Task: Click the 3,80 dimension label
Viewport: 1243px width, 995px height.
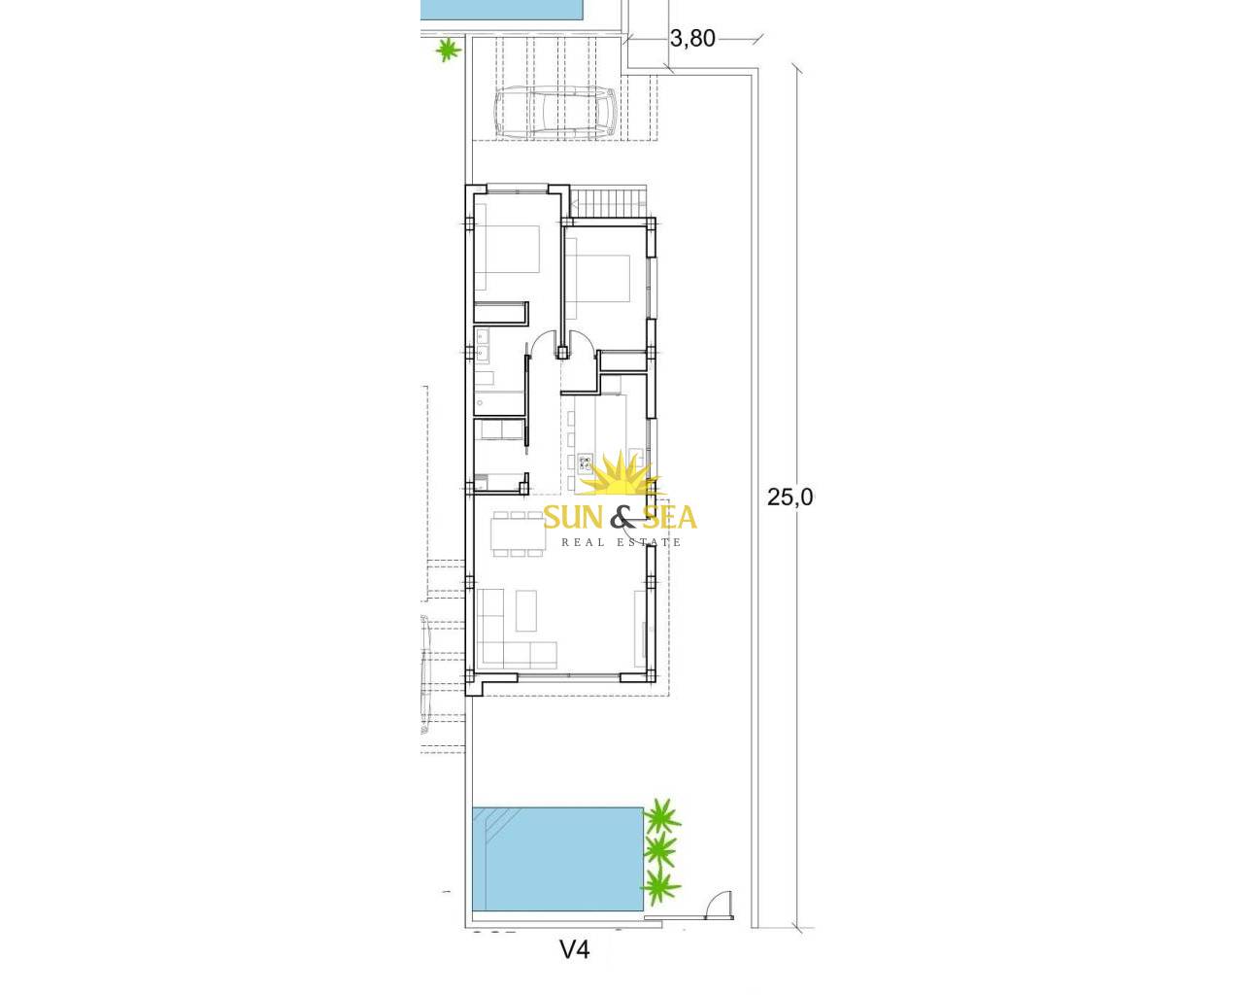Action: pyautogui.click(x=692, y=38)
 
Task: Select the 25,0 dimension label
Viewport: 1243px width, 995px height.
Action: pyautogui.click(x=789, y=497)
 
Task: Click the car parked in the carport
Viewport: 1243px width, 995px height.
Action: pyautogui.click(x=555, y=112)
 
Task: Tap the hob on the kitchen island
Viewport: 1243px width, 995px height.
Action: pyautogui.click(x=586, y=462)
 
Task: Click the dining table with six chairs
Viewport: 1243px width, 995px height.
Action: pyautogui.click(x=519, y=533)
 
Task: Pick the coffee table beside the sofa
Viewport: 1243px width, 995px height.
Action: pyautogui.click(x=525, y=610)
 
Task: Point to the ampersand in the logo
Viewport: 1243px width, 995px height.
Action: pyautogui.click(x=621, y=517)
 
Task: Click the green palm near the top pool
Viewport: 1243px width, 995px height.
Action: pyautogui.click(x=448, y=51)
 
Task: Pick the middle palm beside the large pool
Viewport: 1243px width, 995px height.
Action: pyautogui.click(x=659, y=849)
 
